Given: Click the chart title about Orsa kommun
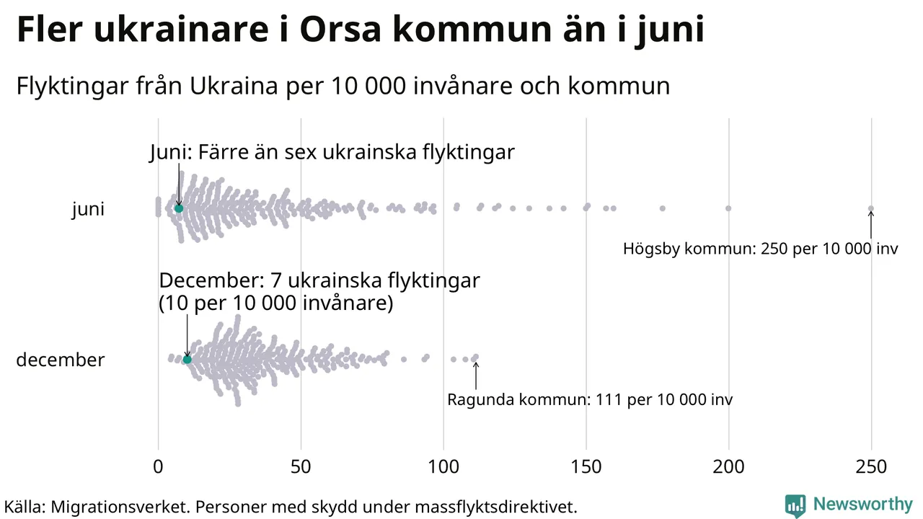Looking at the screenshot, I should [x=360, y=30].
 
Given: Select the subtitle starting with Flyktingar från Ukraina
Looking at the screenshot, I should [x=343, y=86].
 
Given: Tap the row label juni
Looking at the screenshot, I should [x=88, y=209].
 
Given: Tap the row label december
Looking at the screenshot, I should [x=60, y=360].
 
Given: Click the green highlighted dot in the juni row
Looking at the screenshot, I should [x=179, y=208].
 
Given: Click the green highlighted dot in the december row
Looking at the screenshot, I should [x=187, y=359].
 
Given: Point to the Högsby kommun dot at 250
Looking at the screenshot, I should [x=870, y=208].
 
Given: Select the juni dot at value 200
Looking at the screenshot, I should [x=728, y=208].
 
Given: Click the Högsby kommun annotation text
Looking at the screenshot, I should [x=760, y=249].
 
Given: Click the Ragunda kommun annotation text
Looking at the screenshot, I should [x=590, y=399].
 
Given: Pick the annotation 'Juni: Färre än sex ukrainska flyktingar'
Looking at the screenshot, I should [x=332, y=153].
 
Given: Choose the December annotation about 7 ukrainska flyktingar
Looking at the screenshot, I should [x=319, y=291].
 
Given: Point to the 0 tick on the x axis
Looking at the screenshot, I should [x=158, y=467].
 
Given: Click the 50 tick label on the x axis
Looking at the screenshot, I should [x=301, y=467].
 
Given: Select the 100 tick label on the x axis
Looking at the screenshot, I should [x=443, y=467].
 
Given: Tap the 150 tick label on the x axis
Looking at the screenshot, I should [x=586, y=467].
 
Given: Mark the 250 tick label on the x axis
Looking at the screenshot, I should [x=871, y=467].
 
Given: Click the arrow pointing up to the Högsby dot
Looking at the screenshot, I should [x=870, y=226].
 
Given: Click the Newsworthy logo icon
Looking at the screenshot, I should [x=795, y=505].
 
